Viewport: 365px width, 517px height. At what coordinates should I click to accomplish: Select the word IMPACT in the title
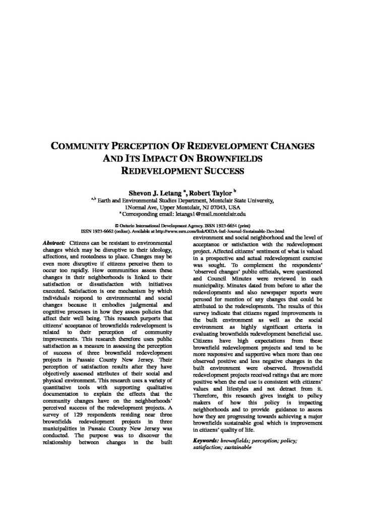169,159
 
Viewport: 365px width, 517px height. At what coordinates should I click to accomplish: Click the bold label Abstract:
54,243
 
